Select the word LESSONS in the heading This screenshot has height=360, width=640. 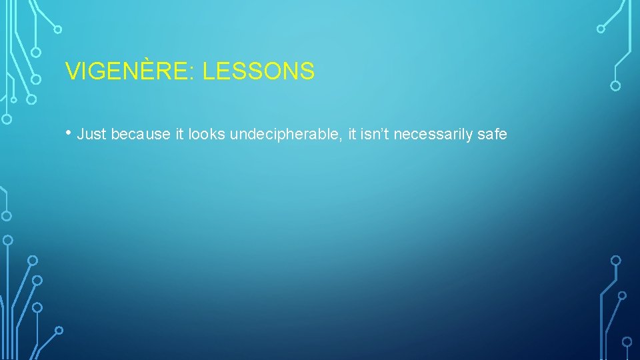coord(258,71)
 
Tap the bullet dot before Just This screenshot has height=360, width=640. coord(69,133)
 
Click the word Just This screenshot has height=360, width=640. coord(92,135)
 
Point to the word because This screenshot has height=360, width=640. coord(141,135)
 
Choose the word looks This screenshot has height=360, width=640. coord(207,135)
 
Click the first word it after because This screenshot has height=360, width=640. coord(179,135)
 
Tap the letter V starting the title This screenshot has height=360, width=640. coord(71,71)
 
